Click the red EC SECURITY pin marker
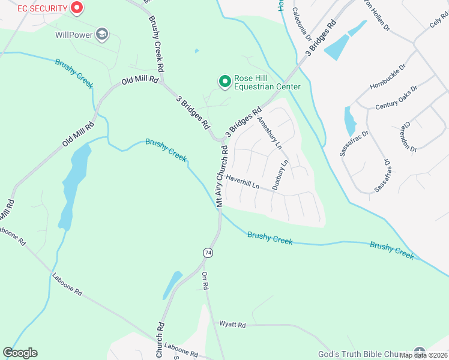76,8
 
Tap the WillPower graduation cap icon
103,34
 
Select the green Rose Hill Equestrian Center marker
224,80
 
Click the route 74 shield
208,253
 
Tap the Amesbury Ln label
269,131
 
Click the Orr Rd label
205,280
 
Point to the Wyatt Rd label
232,325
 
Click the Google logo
20,353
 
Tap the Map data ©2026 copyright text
423,355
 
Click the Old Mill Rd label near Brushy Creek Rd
140,80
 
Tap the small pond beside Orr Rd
172,285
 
